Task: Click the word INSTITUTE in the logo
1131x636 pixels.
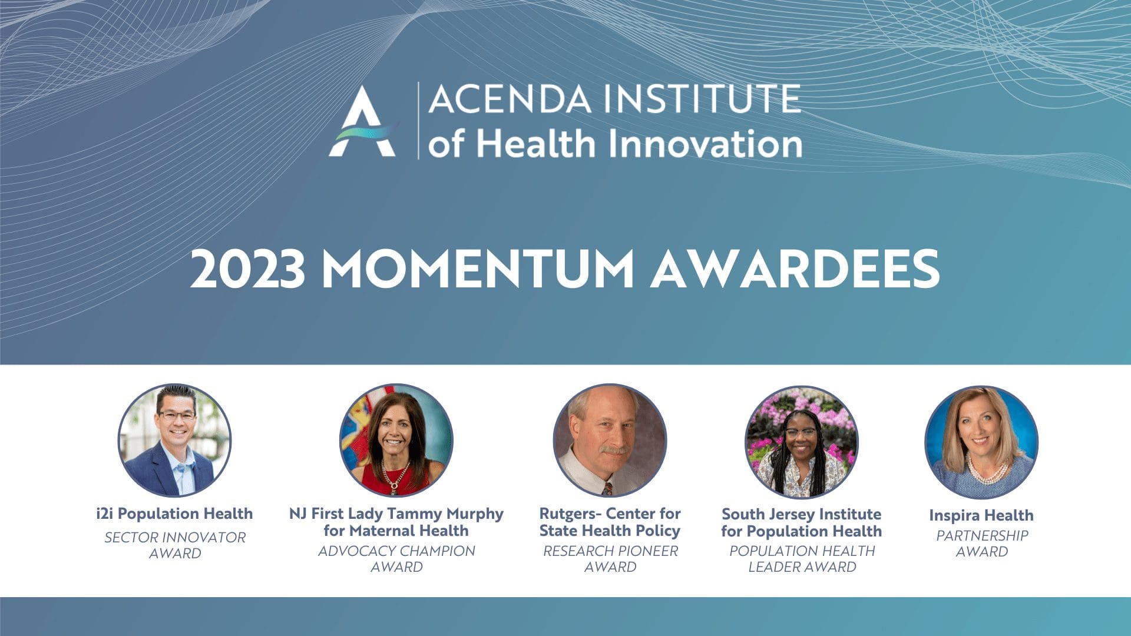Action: [704, 99]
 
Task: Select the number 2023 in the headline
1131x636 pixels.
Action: [247, 269]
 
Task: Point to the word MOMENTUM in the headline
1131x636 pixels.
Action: [478, 269]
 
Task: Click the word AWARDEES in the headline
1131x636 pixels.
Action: [795, 269]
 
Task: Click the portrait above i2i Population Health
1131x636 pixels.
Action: [175, 440]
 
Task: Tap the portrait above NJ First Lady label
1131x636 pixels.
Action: [396, 440]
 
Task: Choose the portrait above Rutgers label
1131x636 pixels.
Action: [610, 440]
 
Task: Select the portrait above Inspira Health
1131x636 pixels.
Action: [981, 442]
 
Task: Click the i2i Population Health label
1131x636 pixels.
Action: [174, 514]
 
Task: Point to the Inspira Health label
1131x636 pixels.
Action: [981, 516]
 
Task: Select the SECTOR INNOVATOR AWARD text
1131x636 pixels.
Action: [175, 545]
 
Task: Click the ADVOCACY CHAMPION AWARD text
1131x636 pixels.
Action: [396, 559]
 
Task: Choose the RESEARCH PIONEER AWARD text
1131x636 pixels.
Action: [610, 559]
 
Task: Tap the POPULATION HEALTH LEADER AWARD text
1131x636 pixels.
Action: [802, 559]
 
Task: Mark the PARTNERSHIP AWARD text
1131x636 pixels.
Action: [982, 544]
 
